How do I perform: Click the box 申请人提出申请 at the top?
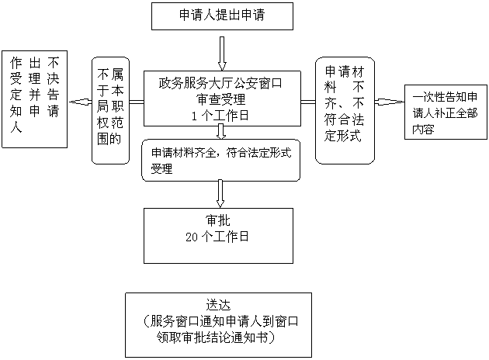222,16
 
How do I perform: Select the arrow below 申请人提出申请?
223,53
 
